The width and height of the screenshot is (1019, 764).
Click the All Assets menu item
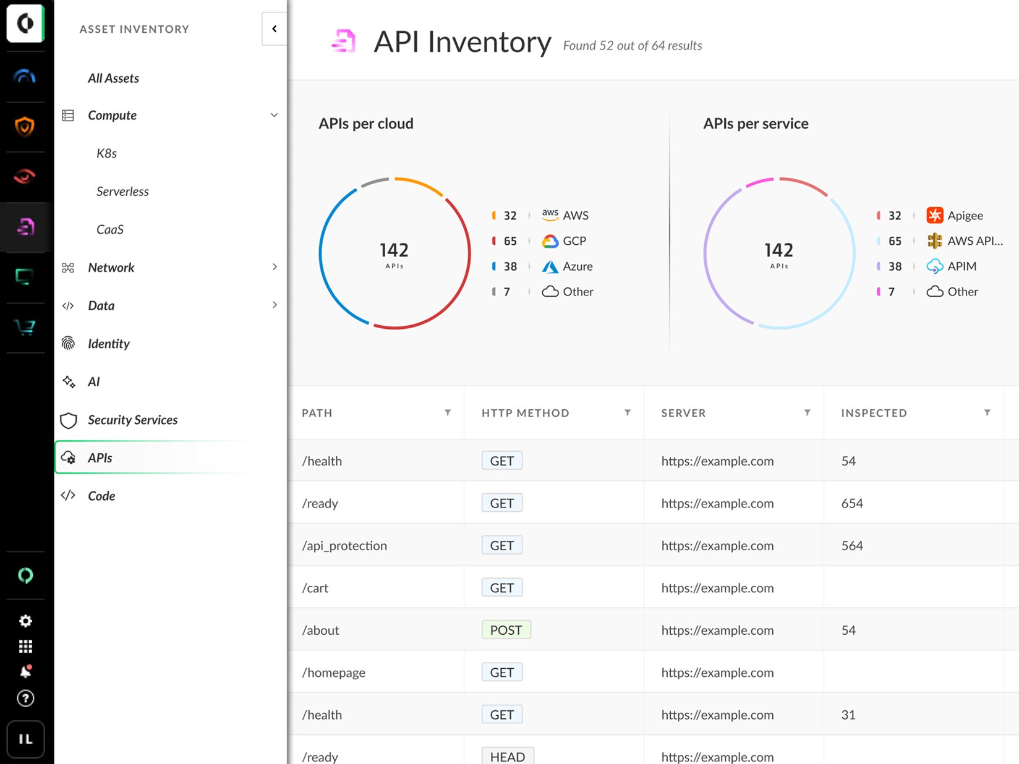pyautogui.click(x=113, y=79)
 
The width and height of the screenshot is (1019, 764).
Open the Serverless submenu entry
pyautogui.click(x=122, y=192)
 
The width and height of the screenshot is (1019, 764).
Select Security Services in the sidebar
pyautogui.click(x=132, y=420)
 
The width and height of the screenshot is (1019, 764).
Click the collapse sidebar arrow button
pyautogui.click(x=274, y=28)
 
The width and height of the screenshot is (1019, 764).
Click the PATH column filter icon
pyautogui.click(x=448, y=413)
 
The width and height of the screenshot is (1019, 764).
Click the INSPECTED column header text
pyautogui.click(x=874, y=413)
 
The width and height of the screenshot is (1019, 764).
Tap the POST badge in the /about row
pyautogui.click(x=506, y=630)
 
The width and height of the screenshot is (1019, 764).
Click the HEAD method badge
pyautogui.click(x=507, y=757)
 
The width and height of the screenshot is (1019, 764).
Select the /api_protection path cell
pyautogui.click(x=344, y=546)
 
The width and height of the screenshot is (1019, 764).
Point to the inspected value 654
pyautogui.click(x=852, y=503)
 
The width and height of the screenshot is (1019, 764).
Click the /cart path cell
pyautogui.click(x=315, y=588)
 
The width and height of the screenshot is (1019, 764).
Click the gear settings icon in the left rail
pyautogui.click(x=25, y=621)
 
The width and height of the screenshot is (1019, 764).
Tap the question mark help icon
pyautogui.click(x=25, y=698)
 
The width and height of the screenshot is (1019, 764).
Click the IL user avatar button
pyautogui.click(x=25, y=739)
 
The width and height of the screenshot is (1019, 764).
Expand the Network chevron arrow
pyautogui.click(x=275, y=267)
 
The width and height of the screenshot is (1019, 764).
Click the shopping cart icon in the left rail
pyautogui.click(x=25, y=327)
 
